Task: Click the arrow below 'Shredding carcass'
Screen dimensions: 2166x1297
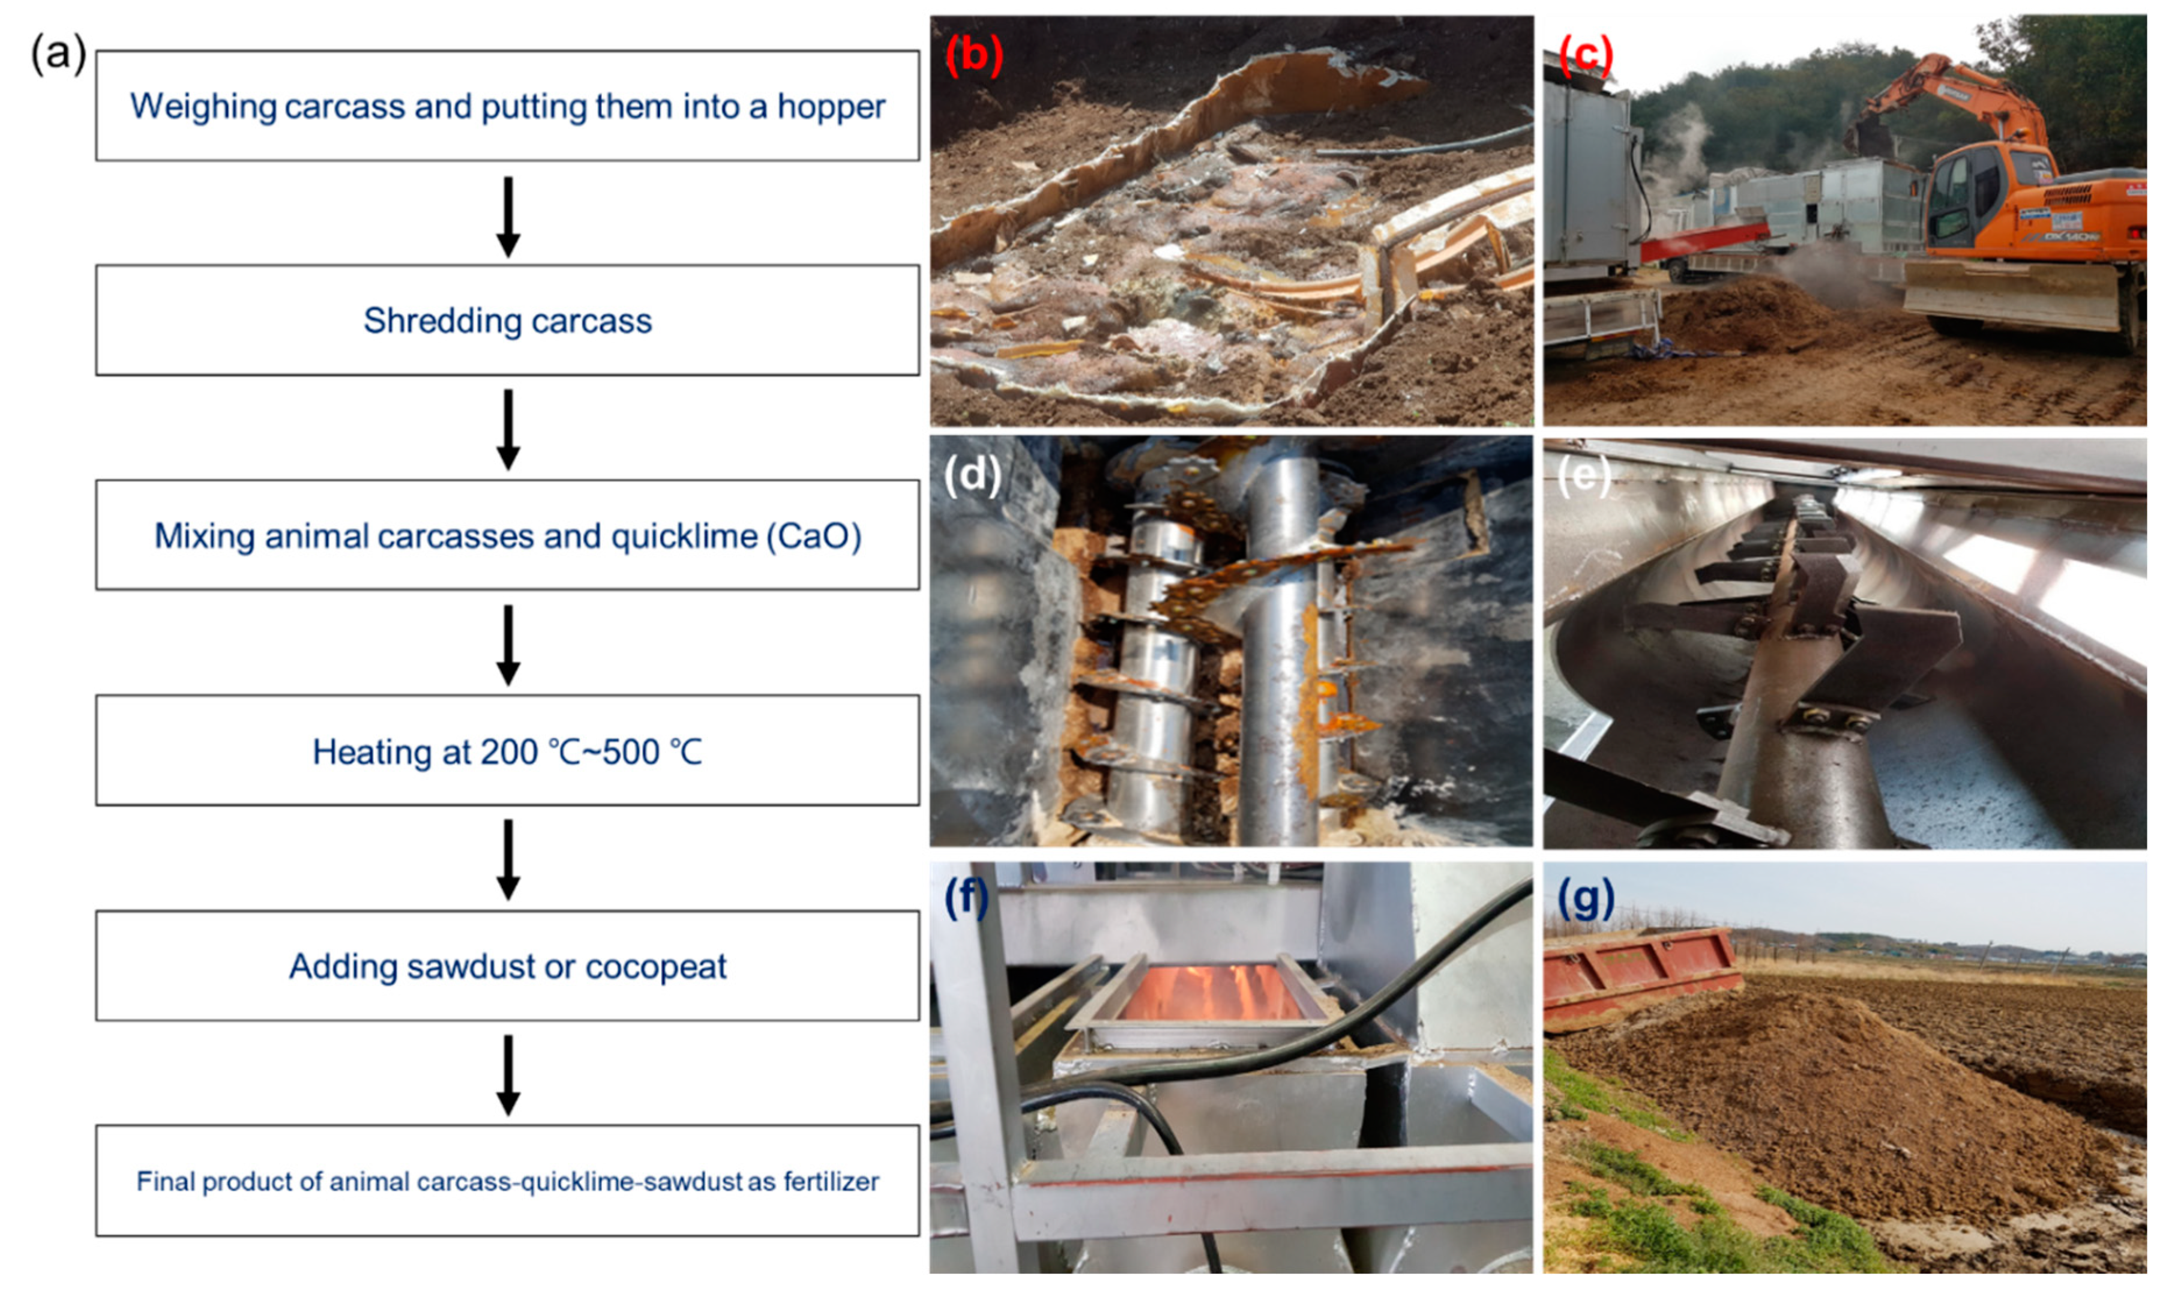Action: click(508, 429)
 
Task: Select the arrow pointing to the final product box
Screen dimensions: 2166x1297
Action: click(508, 1073)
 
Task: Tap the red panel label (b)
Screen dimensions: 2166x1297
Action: click(973, 54)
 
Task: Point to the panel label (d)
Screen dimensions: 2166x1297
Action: click(972, 475)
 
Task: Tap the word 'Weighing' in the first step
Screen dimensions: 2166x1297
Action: click(203, 107)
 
